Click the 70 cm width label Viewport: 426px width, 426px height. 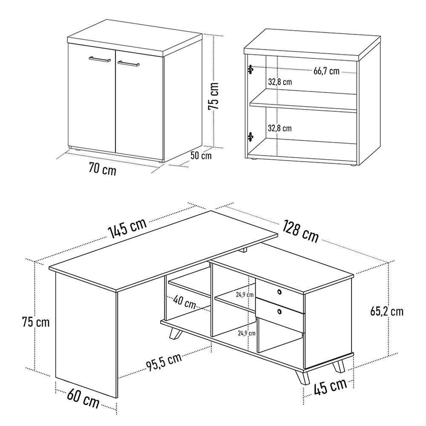pos(102,170)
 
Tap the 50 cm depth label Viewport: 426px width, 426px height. pos(201,155)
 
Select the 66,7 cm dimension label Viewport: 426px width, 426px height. pos(327,71)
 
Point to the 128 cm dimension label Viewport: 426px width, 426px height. pos(301,231)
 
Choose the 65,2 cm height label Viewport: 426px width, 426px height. pos(387,311)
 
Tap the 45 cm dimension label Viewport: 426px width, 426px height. pos(331,386)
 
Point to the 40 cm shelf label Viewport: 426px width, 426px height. pos(184,302)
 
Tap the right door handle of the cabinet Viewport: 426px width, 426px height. pos(129,64)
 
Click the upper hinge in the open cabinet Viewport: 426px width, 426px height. pos(250,69)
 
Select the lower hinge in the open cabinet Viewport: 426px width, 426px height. pos(250,137)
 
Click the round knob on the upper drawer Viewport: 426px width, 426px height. pos(279,292)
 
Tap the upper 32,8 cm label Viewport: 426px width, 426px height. pos(280,82)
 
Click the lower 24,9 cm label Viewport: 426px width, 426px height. pos(247,333)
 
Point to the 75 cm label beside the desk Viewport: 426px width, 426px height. pos(36,322)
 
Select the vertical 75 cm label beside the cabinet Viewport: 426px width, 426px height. pos(213,96)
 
